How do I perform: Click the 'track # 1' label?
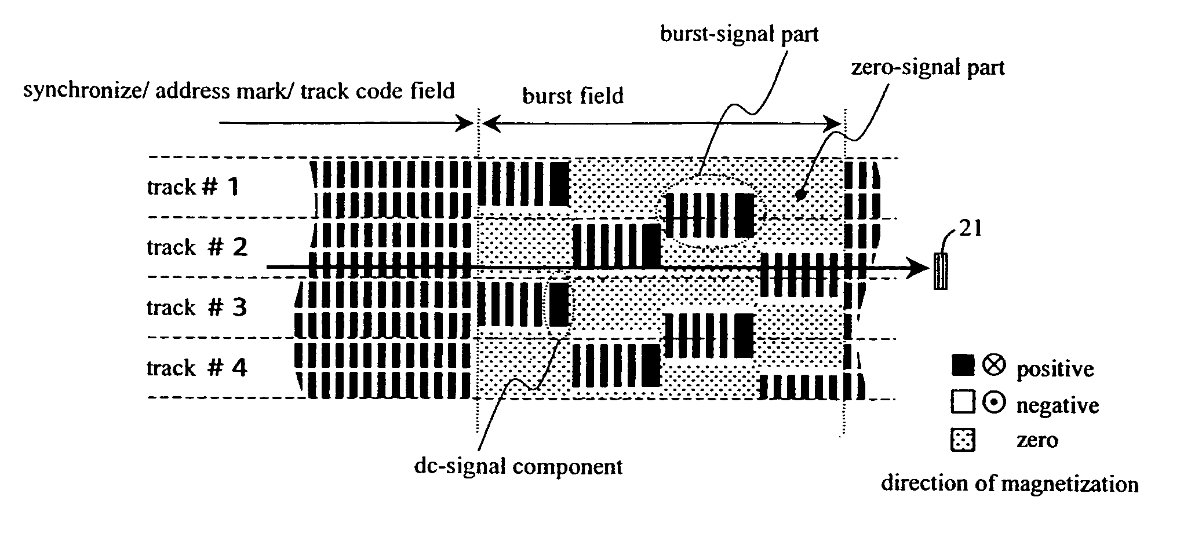click(192, 188)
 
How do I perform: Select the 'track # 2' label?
click(197, 247)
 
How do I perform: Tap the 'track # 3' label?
click(196, 308)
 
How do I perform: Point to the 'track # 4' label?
click(196, 368)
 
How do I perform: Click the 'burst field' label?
click(573, 96)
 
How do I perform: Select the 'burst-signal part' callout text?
click(740, 34)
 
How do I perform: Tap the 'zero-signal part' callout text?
click(927, 68)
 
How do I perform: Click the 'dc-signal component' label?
click(518, 466)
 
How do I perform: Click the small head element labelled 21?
click(940, 271)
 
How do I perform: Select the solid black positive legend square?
click(963, 366)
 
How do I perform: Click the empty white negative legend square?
click(963, 403)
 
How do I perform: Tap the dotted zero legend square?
click(963, 440)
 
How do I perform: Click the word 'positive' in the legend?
click(1055, 369)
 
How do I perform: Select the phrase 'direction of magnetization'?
click(1009, 484)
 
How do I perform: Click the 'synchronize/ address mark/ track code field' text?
click(239, 91)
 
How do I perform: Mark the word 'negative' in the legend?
click(1057, 406)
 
